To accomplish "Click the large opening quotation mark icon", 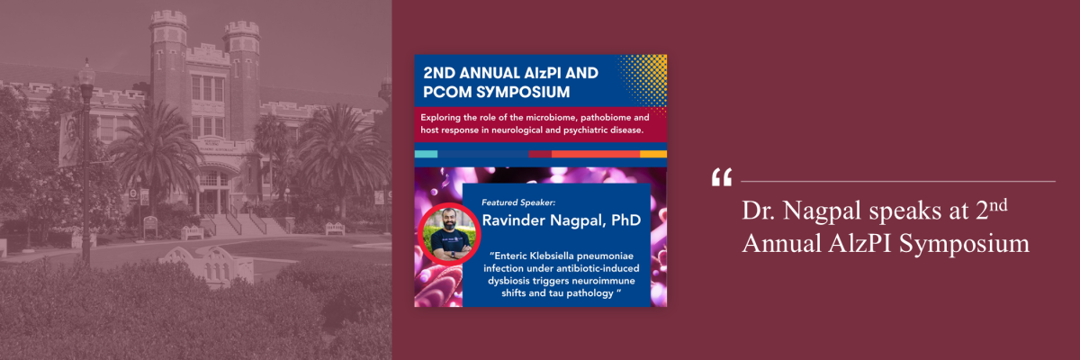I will [x=721, y=178].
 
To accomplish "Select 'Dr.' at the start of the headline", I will [x=759, y=211].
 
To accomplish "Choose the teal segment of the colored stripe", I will [x=426, y=154].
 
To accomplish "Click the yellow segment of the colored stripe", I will [x=653, y=154].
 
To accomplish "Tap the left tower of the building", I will [x=168, y=54].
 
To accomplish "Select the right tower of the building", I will [x=241, y=63].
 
